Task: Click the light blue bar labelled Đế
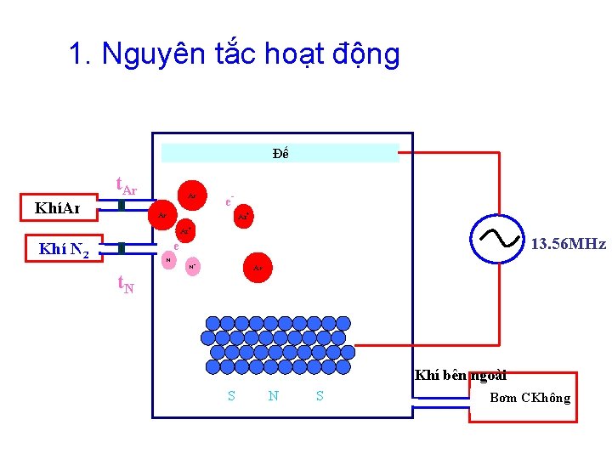pos(280,153)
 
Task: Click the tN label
pos(125,285)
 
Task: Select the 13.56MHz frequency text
pos(568,244)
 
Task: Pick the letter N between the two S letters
pos(273,395)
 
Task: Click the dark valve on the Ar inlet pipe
pos(122,207)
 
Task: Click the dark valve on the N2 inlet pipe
pos(122,247)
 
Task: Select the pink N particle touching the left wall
pos(168,258)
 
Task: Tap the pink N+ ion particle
pos(193,265)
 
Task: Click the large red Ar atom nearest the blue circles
pos(258,268)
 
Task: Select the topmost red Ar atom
pos(192,195)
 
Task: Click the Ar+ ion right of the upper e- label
pos(243,217)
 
